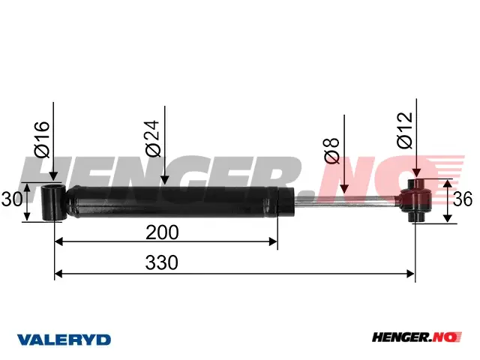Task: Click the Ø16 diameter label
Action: [42, 139]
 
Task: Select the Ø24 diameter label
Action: [153, 138]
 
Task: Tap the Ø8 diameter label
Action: [331, 151]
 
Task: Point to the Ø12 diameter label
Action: [405, 130]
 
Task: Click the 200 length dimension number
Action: [162, 232]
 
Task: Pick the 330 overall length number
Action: [162, 262]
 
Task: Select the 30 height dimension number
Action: [12, 199]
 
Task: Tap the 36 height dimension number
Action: [463, 199]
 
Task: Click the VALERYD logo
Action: [64, 340]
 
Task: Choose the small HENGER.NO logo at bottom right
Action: [417, 337]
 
